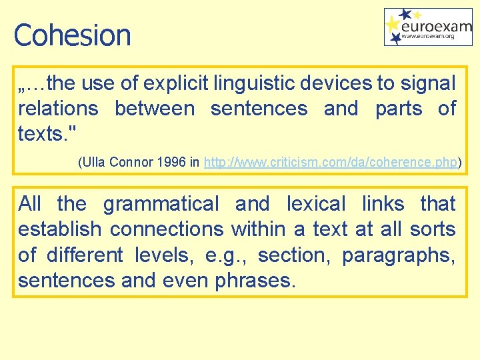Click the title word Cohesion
pyautogui.click(x=72, y=35)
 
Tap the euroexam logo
pyautogui.click(x=428, y=27)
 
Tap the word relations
pyautogui.click(x=58, y=108)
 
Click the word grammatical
pyautogui.click(x=161, y=203)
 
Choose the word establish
pyautogui.click(x=59, y=229)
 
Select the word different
pyautogui.click(x=85, y=255)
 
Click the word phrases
pyautogui.click(x=253, y=281)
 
